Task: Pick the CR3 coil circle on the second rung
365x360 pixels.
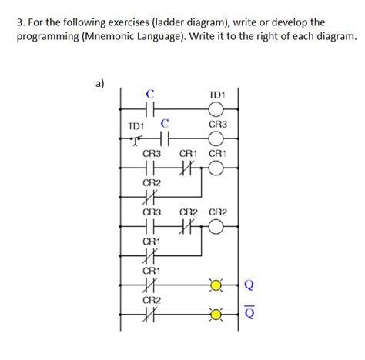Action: (x=216, y=138)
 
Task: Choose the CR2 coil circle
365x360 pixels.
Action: (x=216, y=227)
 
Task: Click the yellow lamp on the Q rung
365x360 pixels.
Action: (x=216, y=286)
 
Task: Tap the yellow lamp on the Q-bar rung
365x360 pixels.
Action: (x=216, y=315)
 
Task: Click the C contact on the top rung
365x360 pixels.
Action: (x=151, y=108)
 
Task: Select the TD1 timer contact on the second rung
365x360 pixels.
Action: (x=137, y=139)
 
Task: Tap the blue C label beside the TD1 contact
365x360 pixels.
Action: (x=164, y=123)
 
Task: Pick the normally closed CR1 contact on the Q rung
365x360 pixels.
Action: (x=151, y=286)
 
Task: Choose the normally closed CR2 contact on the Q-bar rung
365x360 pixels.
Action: (x=151, y=315)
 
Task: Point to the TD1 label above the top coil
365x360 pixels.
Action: (x=216, y=95)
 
